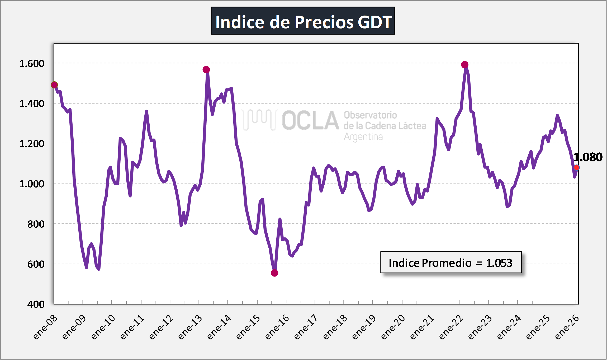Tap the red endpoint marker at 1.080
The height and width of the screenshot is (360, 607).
tap(577, 168)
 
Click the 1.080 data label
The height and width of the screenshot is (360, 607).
tap(588, 157)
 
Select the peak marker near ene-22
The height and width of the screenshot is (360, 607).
tap(465, 64)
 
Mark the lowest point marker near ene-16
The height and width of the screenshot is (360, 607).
tap(274, 273)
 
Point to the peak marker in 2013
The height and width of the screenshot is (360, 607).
tap(206, 69)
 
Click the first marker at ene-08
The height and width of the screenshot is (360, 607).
tap(54, 85)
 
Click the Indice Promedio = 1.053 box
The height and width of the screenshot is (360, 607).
tap(451, 263)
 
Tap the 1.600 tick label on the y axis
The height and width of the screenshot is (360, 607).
tap(32, 64)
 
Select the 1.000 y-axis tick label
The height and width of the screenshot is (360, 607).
tap(32, 184)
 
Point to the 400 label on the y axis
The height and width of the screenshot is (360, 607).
tap(36, 304)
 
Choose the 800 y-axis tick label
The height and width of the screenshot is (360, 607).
tap(36, 224)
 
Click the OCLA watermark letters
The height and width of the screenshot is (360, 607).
tap(311, 121)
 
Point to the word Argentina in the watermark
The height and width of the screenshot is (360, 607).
tap(363, 137)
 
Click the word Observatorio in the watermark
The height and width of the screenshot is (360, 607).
tap(370, 115)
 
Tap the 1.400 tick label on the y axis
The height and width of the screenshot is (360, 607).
tap(32, 104)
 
